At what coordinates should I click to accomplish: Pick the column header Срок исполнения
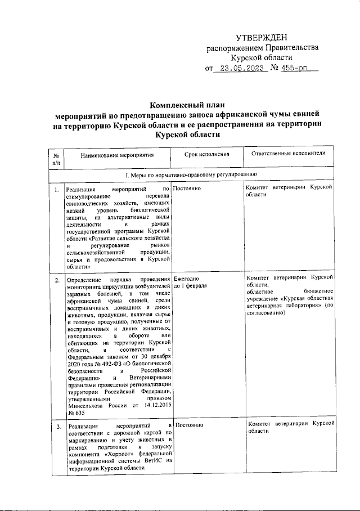point(207,154)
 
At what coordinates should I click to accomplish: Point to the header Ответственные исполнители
point(289,153)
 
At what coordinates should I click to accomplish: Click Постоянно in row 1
point(188,189)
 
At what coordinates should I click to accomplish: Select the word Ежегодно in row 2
point(187,279)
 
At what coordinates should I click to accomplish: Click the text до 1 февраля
point(190,286)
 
